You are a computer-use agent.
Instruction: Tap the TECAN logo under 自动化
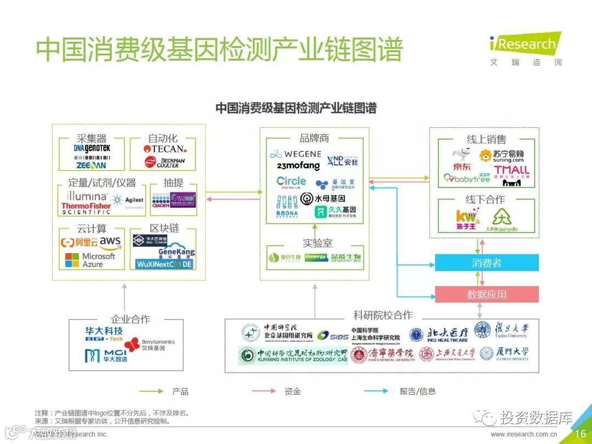(x=164, y=149)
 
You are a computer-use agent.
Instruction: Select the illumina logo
(x=87, y=196)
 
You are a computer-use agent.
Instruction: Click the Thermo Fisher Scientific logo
(x=86, y=208)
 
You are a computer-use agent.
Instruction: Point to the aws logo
(x=110, y=242)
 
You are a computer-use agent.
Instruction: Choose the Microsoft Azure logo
(x=90, y=260)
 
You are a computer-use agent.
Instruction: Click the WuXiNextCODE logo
(x=164, y=264)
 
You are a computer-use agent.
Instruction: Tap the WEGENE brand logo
(x=295, y=154)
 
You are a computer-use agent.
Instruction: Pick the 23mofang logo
(x=298, y=166)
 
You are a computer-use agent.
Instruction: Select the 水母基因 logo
(x=323, y=198)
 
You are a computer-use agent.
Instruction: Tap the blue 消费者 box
(x=486, y=263)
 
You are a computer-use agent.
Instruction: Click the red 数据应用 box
(x=486, y=294)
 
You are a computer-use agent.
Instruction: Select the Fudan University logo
(x=502, y=331)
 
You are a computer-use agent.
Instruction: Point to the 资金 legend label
(x=293, y=391)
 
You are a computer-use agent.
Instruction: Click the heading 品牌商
(x=314, y=138)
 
